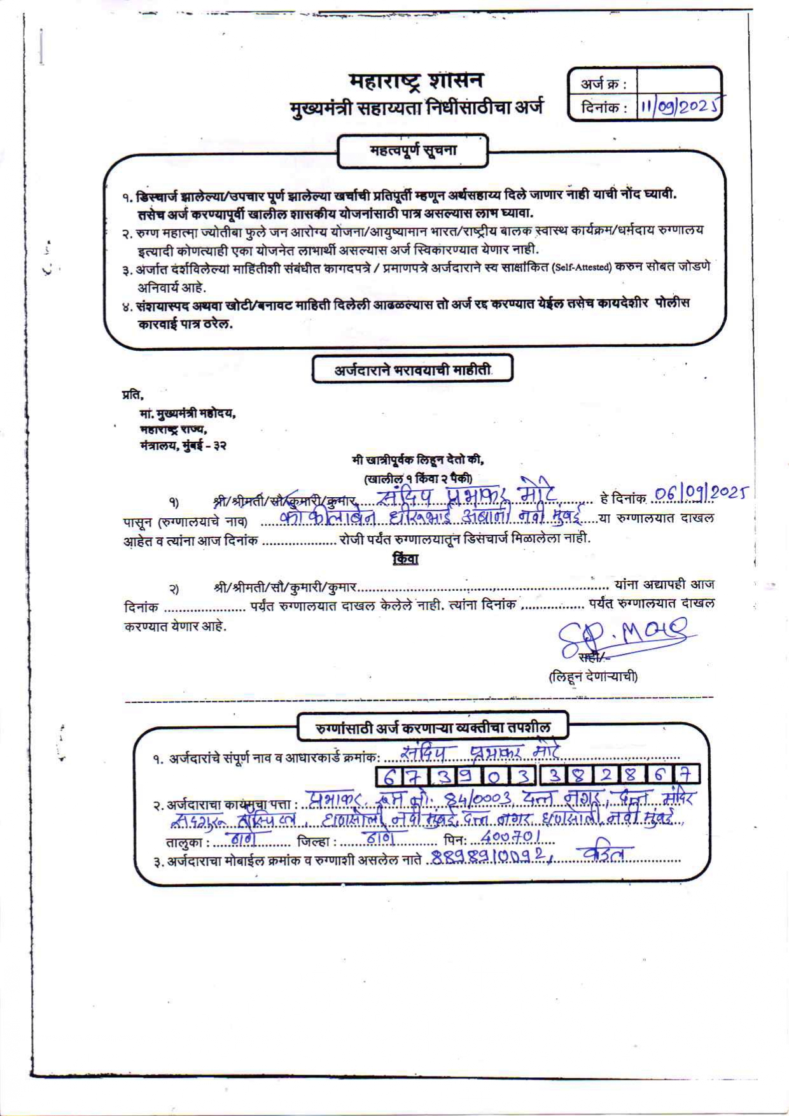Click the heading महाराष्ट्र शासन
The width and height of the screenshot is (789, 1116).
[416, 81]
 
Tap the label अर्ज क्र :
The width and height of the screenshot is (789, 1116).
[603, 83]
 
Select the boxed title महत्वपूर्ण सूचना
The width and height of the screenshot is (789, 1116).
[413, 152]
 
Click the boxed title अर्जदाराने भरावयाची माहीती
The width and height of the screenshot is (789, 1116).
[412, 370]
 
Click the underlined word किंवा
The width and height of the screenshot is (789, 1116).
[405, 560]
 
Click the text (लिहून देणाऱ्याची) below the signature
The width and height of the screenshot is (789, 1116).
[593, 676]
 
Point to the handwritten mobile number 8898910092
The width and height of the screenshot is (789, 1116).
[489, 857]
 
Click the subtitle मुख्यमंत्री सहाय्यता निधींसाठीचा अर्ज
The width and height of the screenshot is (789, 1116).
[416, 108]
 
